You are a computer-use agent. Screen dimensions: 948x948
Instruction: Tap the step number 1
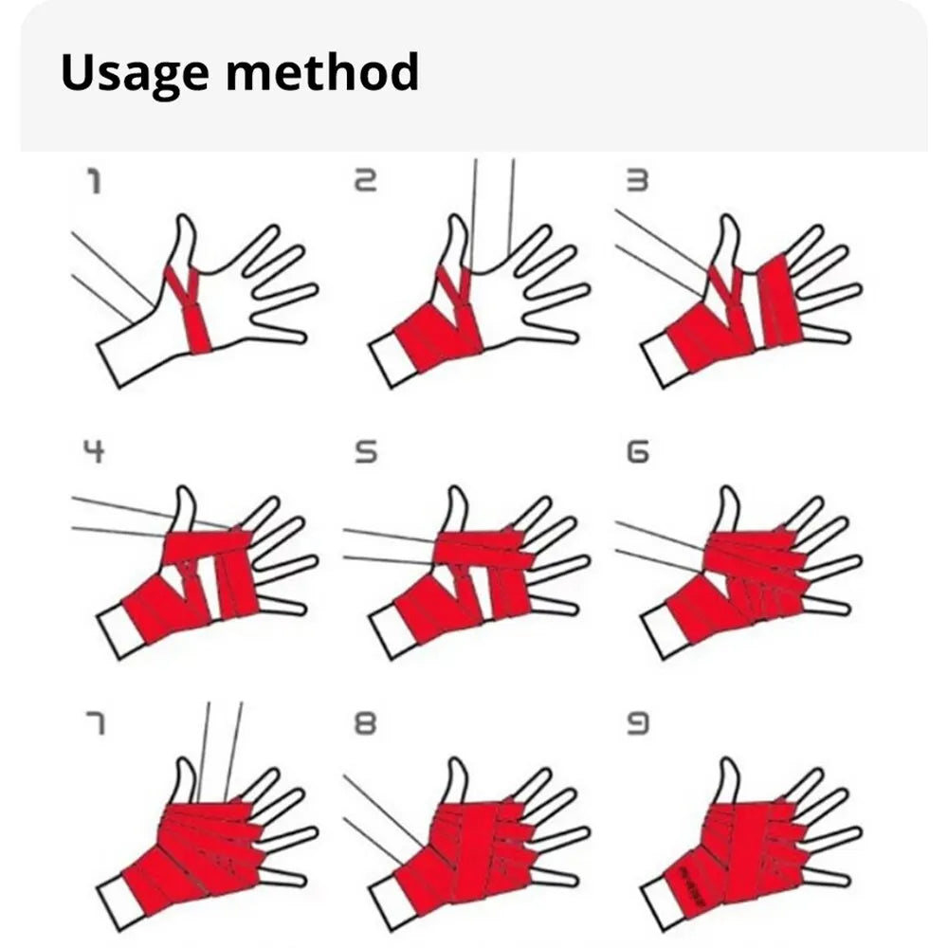(x=94, y=181)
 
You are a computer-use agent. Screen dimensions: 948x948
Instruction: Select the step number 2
(x=365, y=181)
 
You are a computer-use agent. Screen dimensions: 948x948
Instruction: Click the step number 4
(x=93, y=452)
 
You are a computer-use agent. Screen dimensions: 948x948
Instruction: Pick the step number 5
(x=365, y=452)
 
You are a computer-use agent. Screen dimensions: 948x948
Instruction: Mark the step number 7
(x=95, y=724)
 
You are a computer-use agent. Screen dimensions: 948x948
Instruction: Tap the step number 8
(x=365, y=724)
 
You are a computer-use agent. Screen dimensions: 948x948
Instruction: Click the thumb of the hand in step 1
(x=184, y=240)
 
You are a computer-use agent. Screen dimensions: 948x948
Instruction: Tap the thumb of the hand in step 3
(x=729, y=239)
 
